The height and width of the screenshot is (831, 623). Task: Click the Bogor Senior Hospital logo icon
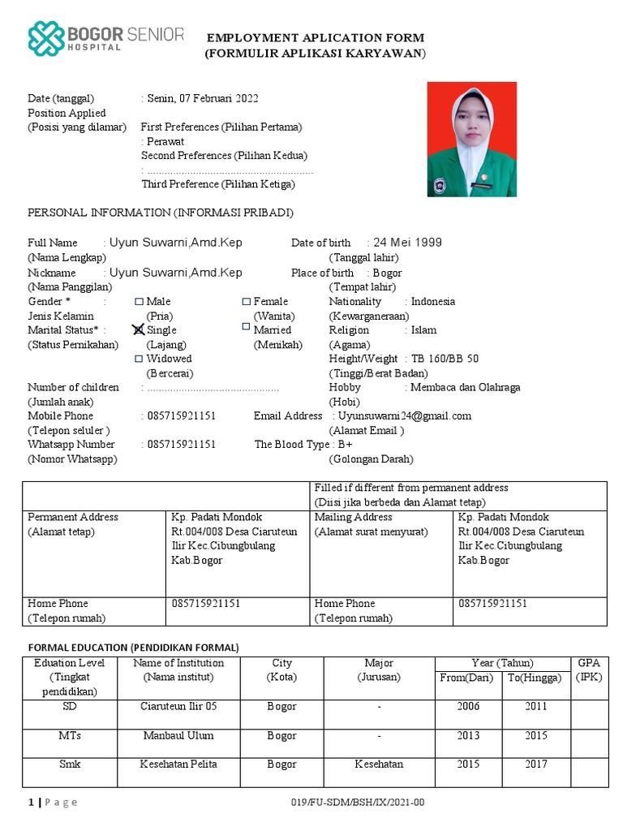point(46,40)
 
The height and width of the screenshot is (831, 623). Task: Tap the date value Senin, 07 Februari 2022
point(202,99)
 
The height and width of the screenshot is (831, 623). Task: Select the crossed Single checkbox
point(139,329)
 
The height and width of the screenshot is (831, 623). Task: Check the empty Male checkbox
point(139,301)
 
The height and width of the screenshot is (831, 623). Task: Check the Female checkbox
point(247,301)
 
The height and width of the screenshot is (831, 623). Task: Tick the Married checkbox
point(247,327)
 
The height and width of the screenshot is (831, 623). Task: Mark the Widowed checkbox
point(139,358)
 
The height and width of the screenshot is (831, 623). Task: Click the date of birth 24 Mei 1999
point(408,243)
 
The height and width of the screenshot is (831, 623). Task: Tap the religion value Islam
point(423,330)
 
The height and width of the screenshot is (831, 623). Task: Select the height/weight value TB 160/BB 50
point(445,359)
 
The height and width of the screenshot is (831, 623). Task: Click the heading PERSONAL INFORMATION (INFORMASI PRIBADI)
point(161,213)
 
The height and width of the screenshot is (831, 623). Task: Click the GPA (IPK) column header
point(590,670)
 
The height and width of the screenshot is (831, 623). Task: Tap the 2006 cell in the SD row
point(468,707)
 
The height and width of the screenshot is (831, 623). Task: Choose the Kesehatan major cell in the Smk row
point(379,764)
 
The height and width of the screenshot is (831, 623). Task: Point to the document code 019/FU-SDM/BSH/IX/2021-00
point(357,803)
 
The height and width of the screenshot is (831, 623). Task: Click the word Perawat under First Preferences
point(165,141)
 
